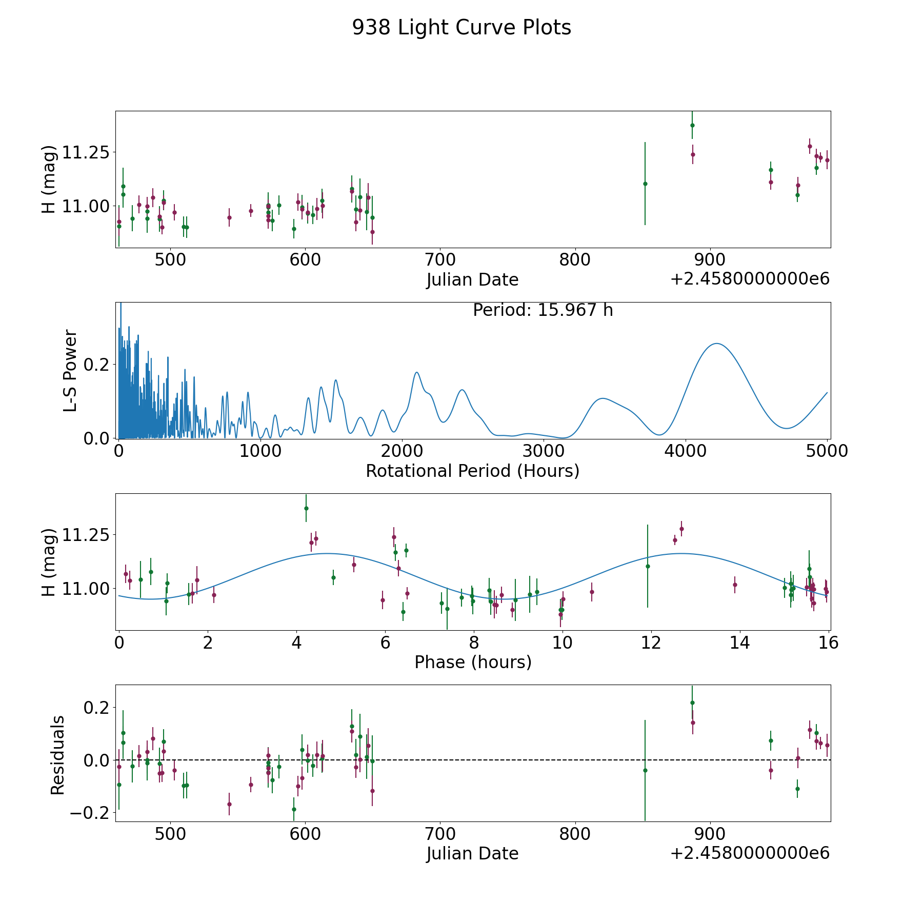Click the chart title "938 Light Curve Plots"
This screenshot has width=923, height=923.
coord(461,28)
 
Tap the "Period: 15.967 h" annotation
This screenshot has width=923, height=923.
coord(543,310)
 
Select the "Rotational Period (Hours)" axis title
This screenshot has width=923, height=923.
coord(472,471)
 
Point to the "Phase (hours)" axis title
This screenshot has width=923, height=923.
coord(472,662)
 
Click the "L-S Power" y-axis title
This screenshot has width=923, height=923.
coord(70,370)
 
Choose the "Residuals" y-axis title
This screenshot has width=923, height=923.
coord(57,755)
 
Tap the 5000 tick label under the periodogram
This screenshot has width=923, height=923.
coord(827,451)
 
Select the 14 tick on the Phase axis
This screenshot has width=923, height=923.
coord(740,643)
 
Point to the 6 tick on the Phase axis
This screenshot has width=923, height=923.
coord(385,643)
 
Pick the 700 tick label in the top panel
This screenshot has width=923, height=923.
coord(440,260)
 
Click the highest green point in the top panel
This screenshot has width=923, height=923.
coord(692,125)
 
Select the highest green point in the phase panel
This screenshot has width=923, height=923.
coord(306,508)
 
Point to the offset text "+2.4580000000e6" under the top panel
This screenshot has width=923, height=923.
coord(750,279)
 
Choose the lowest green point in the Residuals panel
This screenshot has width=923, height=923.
coord(294,809)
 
